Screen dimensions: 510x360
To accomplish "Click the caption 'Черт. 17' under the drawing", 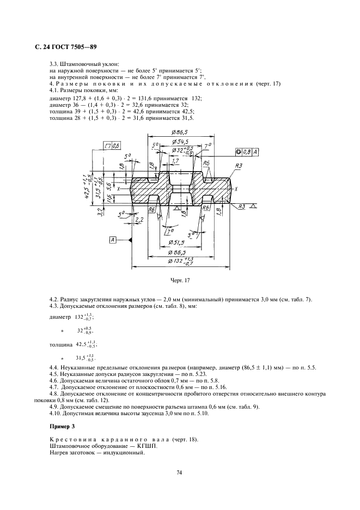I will click(x=180, y=281).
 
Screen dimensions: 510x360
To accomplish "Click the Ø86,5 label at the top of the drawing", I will click(x=179, y=132).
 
